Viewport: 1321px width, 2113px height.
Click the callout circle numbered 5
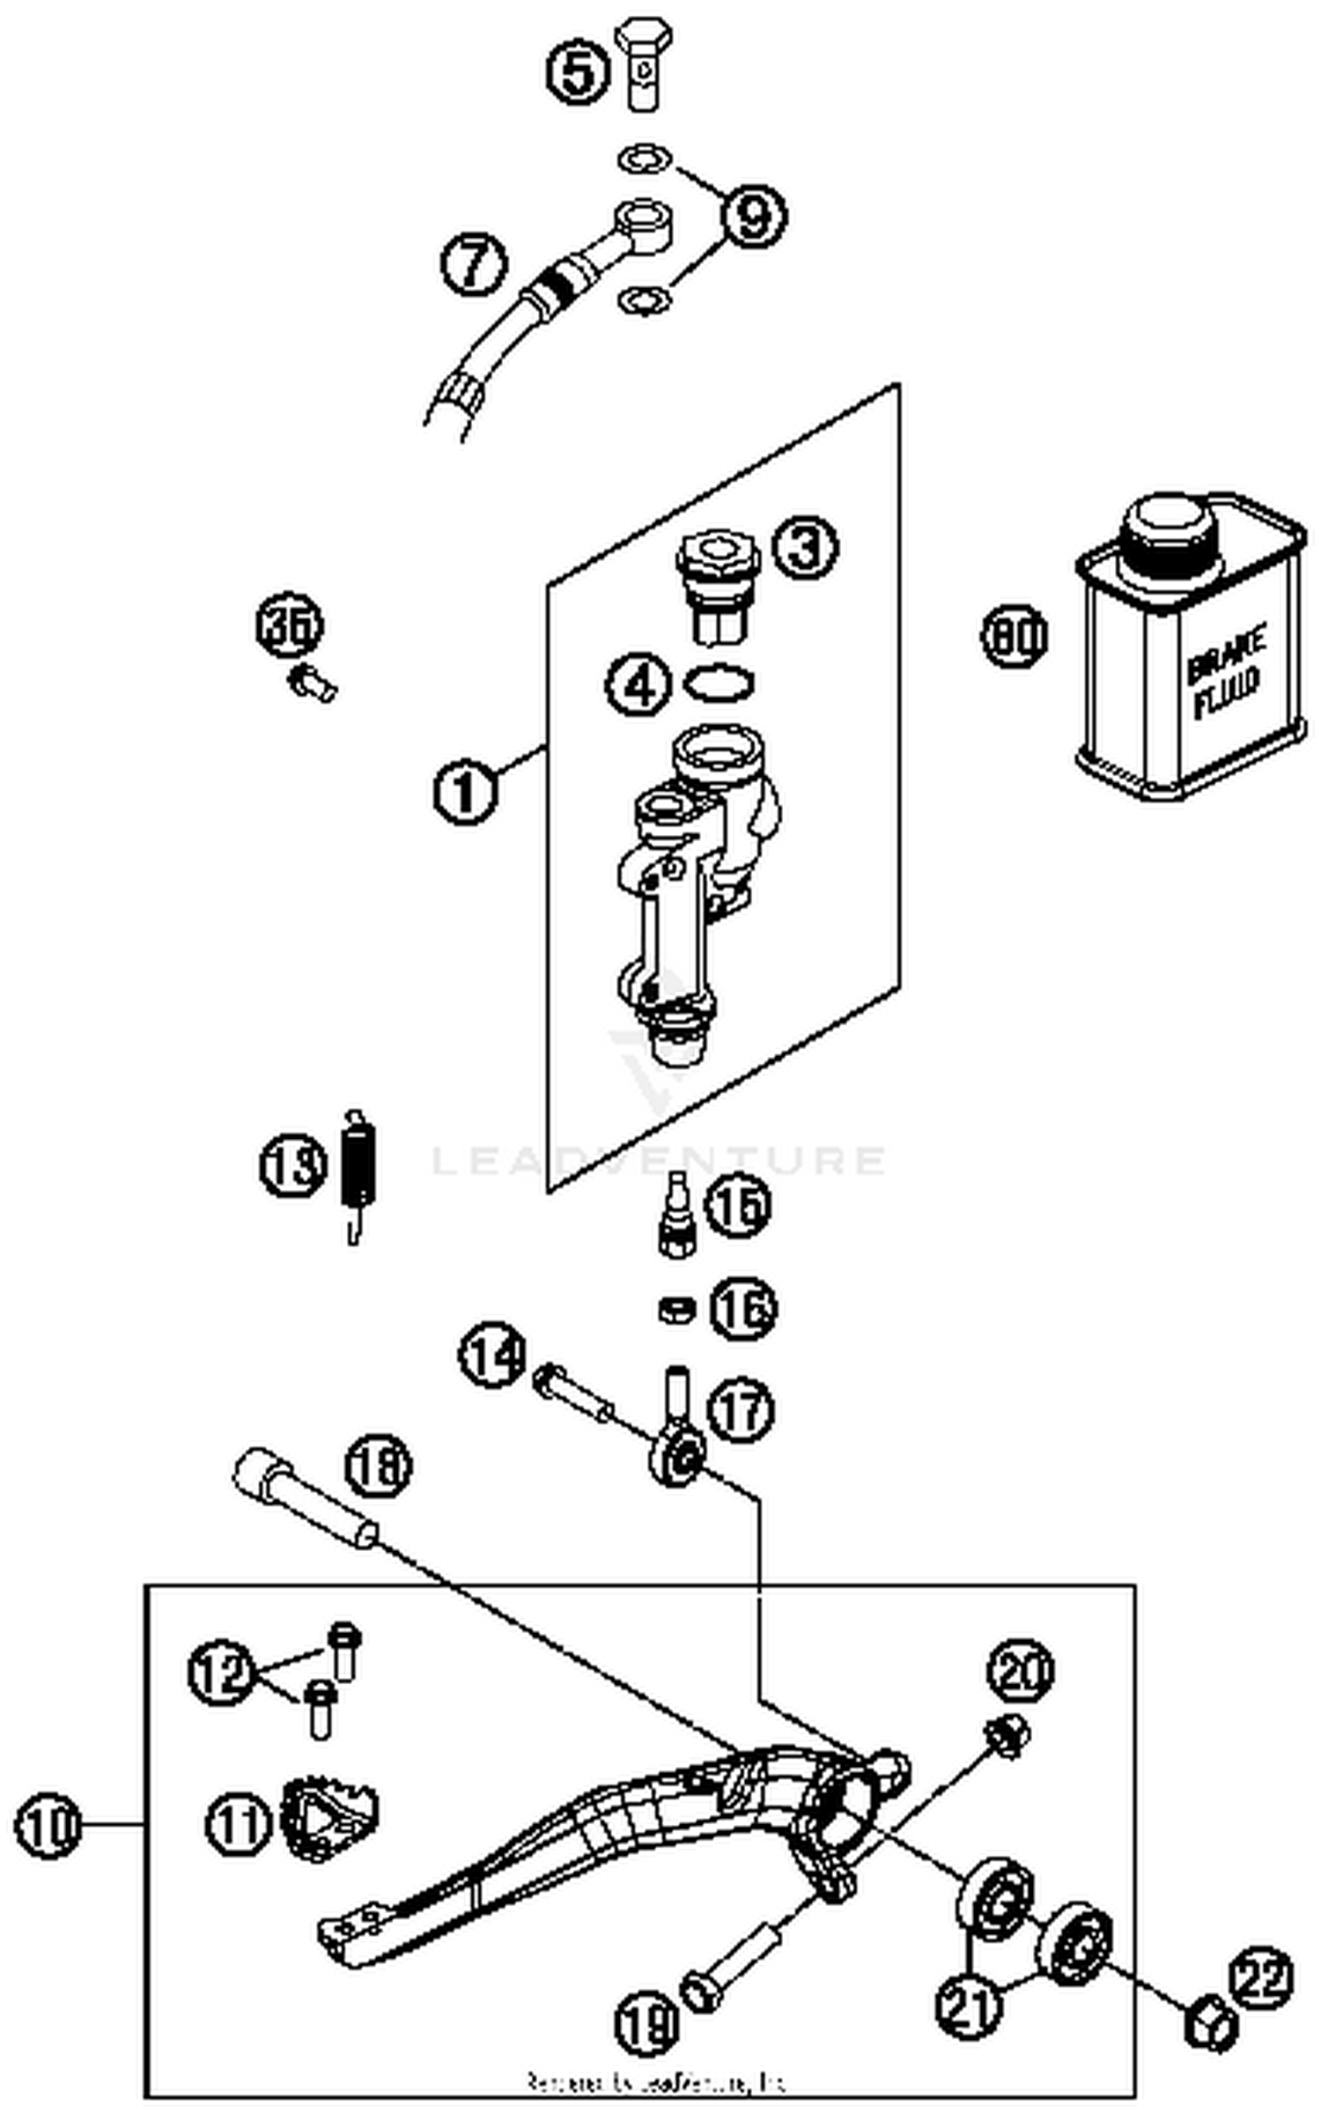pos(577,73)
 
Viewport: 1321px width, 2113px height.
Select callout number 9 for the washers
pos(754,217)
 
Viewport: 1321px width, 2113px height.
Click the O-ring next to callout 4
pos(719,683)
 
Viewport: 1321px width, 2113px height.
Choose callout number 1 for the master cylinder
pos(465,790)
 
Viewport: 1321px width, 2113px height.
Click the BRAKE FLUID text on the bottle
pos(1226,672)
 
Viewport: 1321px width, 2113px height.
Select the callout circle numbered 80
pos(1014,636)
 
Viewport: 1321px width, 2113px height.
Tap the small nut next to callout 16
pos(676,1310)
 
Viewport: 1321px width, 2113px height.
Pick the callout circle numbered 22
pos(1264,1979)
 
